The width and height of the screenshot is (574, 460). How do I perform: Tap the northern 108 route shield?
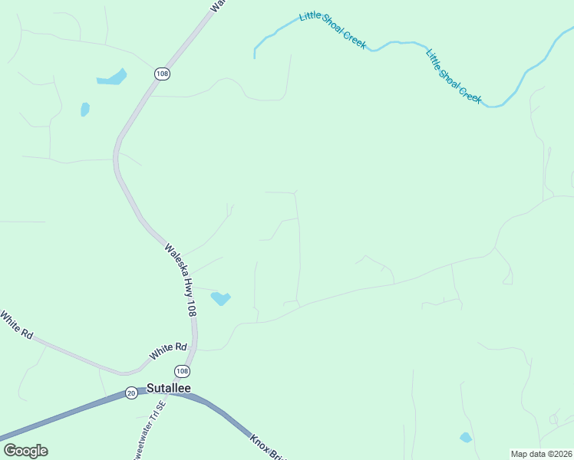pos(161,74)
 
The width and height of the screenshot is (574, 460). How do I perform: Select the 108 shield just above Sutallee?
pos(181,371)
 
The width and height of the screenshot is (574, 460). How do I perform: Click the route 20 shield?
pos(130,392)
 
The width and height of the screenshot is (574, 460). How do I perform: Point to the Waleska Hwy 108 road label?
pos(181,281)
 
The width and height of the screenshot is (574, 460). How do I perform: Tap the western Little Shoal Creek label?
pos(332,30)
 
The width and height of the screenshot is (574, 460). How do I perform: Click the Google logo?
pos(25,451)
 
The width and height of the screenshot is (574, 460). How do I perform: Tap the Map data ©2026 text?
pos(541,454)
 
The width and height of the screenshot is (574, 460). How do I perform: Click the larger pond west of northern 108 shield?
pos(112,77)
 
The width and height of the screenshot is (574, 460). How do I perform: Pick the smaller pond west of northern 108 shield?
pos(85,110)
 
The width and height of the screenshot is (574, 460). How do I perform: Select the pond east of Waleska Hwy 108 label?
pos(221,297)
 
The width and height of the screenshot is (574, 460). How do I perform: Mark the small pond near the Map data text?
pos(465,438)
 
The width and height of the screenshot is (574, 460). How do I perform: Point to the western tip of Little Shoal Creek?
pos(255,56)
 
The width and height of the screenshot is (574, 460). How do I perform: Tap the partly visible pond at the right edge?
pos(572,178)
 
